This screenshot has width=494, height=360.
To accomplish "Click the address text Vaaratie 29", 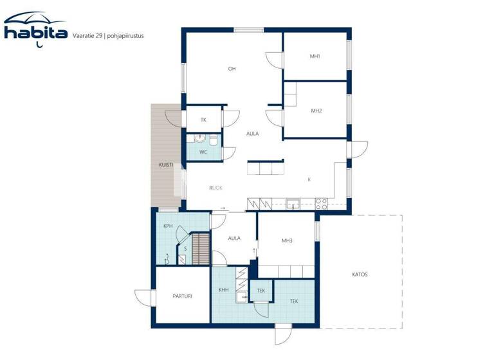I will (x=87, y=36).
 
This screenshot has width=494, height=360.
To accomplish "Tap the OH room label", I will (x=232, y=69).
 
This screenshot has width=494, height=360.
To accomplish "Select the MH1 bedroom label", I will (x=315, y=57).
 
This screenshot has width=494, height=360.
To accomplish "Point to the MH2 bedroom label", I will (x=316, y=111).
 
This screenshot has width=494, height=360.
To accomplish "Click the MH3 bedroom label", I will (x=287, y=241).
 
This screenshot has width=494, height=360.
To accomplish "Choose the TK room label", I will (x=203, y=120).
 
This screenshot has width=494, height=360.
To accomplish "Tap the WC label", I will (x=203, y=152).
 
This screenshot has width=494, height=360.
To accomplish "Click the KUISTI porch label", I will (x=166, y=165).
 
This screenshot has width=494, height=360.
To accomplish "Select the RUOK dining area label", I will (x=215, y=188).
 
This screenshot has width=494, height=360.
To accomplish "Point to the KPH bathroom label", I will (x=168, y=226).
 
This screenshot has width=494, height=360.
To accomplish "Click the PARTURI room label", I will (x=182, y=296).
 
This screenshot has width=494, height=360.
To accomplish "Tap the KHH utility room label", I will (x=223, y=290).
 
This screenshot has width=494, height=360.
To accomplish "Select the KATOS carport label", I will (x=360, y=274).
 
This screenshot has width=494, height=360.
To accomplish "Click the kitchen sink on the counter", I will (x=293, y=204).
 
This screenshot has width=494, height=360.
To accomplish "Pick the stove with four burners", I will (x=322, y=204).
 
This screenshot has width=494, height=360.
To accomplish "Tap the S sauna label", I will (x=185, y=248).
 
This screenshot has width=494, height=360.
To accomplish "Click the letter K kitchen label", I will (x=309, y=179).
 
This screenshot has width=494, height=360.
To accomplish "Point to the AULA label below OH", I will (x=253, y=134).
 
